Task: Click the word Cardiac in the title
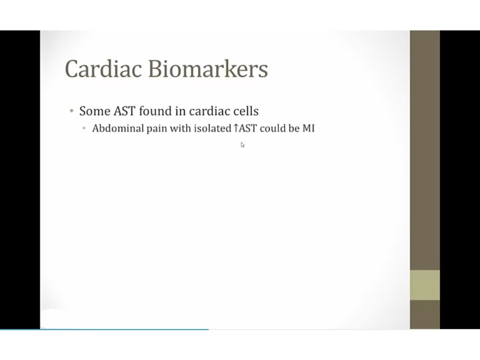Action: coord(103,69)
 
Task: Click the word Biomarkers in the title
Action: coord(208,69)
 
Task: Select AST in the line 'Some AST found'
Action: coord(124,111)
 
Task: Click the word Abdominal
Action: coord(118,128)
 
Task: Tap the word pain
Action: coord(157,129)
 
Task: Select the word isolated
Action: coord(213,128)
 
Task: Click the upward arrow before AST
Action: coord(236,128)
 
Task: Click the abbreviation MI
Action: coord(309,128)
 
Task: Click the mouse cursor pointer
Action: coord(243,145)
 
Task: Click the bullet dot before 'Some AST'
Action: coord(71,111)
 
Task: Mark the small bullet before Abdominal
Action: coord(84,128)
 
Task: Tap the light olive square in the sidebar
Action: coord(425,285)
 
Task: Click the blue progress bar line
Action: coord(105,330)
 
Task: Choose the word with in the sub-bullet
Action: coord(180,128)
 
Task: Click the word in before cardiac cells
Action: coord(180,110)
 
